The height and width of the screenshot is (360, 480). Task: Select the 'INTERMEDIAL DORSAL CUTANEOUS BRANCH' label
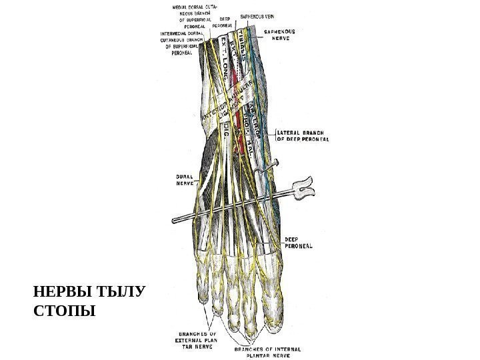[182, 45]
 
